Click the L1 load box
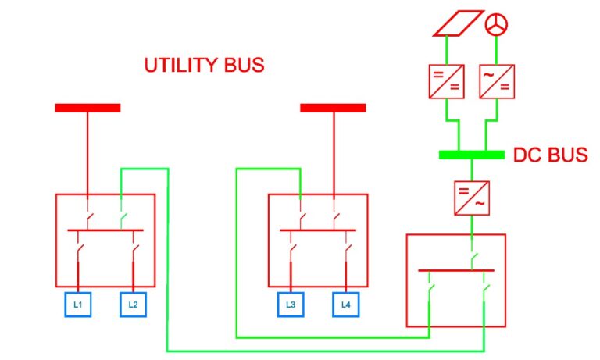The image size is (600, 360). (x=78, y=305)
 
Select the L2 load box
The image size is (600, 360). (x=133, y=305)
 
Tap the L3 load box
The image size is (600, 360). (x=291, y=305)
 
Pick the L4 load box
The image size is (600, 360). (x=346, y=305)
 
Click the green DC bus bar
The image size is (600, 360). (x=471, y=155)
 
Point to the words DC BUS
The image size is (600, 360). (x=550, y=155)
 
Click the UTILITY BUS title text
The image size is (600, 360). (x=205, y=65)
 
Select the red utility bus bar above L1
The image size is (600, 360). (x=87, y=108)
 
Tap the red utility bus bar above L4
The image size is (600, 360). (x=333, y=108)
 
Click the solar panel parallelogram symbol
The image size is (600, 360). (x=459, y=23)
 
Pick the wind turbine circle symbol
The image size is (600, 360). (x=496, y=24)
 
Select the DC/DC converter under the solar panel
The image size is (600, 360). (x=447, y=81)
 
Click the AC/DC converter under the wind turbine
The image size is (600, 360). (x=497, y=81)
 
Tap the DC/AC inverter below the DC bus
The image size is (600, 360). (x=472, y=198)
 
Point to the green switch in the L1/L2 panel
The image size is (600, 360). (x=123, y=219)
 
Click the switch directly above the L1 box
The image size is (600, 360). (x=80, y=251)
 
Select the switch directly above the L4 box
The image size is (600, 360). (x=348, y=251)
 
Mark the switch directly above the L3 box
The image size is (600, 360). (x=292, y=251)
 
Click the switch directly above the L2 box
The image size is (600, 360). (x=134, y=251)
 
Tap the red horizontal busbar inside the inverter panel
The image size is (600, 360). (x=456, y=270)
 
